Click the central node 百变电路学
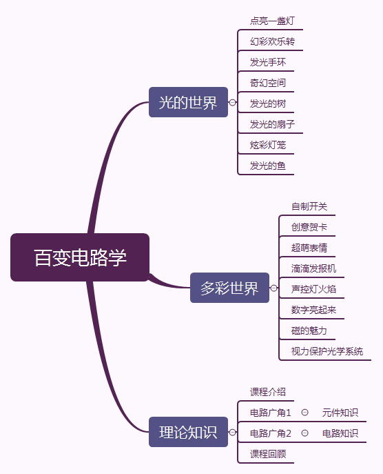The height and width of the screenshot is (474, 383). pyautogui.click(x=80, y=257)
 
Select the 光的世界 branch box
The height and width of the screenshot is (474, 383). pyautogui.click(x=188, y=102)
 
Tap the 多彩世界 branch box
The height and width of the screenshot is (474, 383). pyautogui.click(x=229, y=288)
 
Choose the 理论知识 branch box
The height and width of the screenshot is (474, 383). pyautogui.click(x=188, y=432)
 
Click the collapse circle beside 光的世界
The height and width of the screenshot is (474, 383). pyautogui.click(x=232, y=103)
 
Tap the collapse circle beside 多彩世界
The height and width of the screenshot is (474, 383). pyautogui.click(x=273, y=288)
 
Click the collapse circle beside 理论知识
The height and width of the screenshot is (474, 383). pyautogui.click(x=232, y=433)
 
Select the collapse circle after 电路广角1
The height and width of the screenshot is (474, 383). pyautogui.click(x=305, y=413)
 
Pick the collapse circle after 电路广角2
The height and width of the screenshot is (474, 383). pyautogui.click(x=305, y=433)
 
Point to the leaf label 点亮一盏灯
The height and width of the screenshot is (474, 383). pyautogui.click(x=272, y=21)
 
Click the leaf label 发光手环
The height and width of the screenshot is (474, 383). pyautogui.click(x=268, y=62)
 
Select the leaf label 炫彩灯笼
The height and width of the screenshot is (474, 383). pyautogui.click(x=268, y=145)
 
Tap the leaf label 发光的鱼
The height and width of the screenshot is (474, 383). pyautogui.click(x=268, y=166)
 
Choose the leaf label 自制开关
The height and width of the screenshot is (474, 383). pyautogui.click(x=309, y=206)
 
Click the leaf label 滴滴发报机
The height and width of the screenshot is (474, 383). pyautogui.click(x=314, y=268)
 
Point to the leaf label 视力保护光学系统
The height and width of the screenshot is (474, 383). pyautogui.click(x=327, y=351)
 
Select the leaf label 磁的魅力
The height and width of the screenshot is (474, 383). pyautogui.click(x=309, y=330)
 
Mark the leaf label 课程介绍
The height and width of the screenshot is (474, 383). pyautogui.click(x=268, y=392)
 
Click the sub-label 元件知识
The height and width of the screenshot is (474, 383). pyautogui.click(x=340, y=413)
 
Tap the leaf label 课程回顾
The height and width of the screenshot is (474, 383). pyautogui.click(x=268, y=454)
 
